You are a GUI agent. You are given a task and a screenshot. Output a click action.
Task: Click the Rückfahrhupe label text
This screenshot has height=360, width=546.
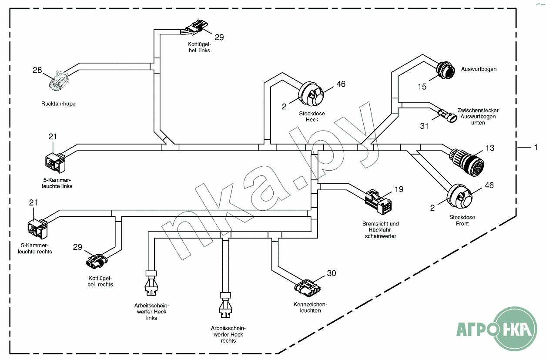[58, 104]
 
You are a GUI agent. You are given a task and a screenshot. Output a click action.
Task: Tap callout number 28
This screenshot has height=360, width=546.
[37, 70]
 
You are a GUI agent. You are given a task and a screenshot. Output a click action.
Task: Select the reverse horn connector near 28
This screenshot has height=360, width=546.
[58, 82]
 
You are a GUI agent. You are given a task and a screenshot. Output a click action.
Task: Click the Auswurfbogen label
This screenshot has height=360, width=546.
[479, 69]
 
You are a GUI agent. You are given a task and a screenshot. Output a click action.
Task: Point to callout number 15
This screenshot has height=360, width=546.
[422, 87]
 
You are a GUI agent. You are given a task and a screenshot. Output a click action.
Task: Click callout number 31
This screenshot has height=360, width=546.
[424, 126]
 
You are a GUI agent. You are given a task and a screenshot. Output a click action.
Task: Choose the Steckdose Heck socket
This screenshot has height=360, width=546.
[312, 94]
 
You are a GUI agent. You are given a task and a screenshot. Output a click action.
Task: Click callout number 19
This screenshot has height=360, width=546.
[399, 189]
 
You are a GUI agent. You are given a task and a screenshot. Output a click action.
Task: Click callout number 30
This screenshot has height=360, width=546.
[332, 273]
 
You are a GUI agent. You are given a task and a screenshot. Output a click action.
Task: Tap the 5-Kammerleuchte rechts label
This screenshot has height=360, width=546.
[35, 249]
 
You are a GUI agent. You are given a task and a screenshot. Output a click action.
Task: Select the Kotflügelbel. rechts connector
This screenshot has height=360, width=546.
[96, 261]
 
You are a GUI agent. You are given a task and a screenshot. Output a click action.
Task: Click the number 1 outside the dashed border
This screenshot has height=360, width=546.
[536, 148]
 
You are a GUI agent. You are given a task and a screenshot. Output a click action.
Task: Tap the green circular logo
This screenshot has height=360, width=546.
[517, 329]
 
